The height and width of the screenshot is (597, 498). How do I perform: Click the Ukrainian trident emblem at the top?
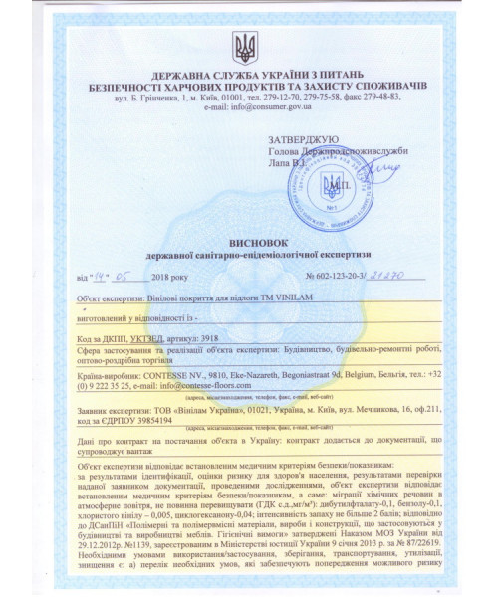244,46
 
